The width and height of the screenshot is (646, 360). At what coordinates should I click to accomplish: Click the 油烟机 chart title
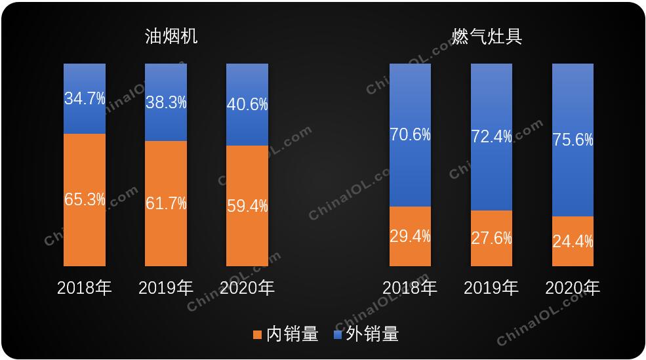click(x=171, y=37)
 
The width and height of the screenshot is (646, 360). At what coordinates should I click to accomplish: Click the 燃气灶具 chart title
click(x=487, y=37)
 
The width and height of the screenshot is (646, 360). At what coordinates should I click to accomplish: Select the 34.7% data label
click(x=85, y=99)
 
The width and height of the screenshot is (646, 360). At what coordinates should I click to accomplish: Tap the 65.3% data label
click(x=85, y=200)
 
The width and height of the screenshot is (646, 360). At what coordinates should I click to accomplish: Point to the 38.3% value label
click(x=166, y=102)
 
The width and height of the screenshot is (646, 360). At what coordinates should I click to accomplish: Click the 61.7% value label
click(x=166, y=203)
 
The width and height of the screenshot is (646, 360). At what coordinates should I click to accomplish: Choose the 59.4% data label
click(x=247, y=206)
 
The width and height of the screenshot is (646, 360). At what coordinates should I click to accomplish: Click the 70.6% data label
click(x=410, y=135)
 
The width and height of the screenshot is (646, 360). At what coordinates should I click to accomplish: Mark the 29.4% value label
click(x=410, y=236)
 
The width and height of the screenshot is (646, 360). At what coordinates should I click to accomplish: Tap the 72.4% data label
click(x=491, y=137)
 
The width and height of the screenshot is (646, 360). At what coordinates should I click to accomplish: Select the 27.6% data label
click(x=491, y=238)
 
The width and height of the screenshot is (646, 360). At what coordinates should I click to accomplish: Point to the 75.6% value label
click(x=573, y=140)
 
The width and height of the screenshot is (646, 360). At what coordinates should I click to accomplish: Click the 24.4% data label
click(x=573, y=241)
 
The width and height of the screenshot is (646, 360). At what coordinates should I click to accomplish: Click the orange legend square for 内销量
click(x=257, y=335)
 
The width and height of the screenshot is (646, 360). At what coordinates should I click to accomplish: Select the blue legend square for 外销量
click(x=338, y=335)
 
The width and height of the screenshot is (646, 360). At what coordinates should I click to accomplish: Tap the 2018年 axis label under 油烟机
click(x=85, y=288)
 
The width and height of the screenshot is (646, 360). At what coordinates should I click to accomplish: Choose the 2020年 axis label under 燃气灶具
click(x=573, y=288)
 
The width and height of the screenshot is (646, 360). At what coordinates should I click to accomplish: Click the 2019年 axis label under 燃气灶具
click(x=491, y=288)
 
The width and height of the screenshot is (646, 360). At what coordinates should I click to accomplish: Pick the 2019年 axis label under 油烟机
click(x=166, y=288)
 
